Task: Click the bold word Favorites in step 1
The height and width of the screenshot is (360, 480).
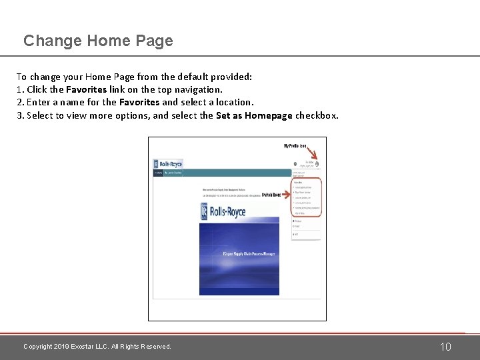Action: click(x=86, y=89)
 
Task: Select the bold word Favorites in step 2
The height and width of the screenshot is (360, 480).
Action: click(x=139, y=102)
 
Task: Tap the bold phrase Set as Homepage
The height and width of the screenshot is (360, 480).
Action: click(x=254, y=115)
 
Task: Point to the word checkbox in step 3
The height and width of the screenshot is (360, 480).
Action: click(x=317, y=115)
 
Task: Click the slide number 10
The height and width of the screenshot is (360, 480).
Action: click(x=446, y=347)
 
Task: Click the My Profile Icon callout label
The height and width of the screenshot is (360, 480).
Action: click(x=295, y=145)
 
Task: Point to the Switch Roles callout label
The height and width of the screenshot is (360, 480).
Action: click(x=272, y=195)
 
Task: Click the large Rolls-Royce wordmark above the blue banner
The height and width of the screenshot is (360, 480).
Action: click(x=223, y=211)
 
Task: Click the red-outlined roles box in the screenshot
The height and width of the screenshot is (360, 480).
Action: click(x=306, y=197)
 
